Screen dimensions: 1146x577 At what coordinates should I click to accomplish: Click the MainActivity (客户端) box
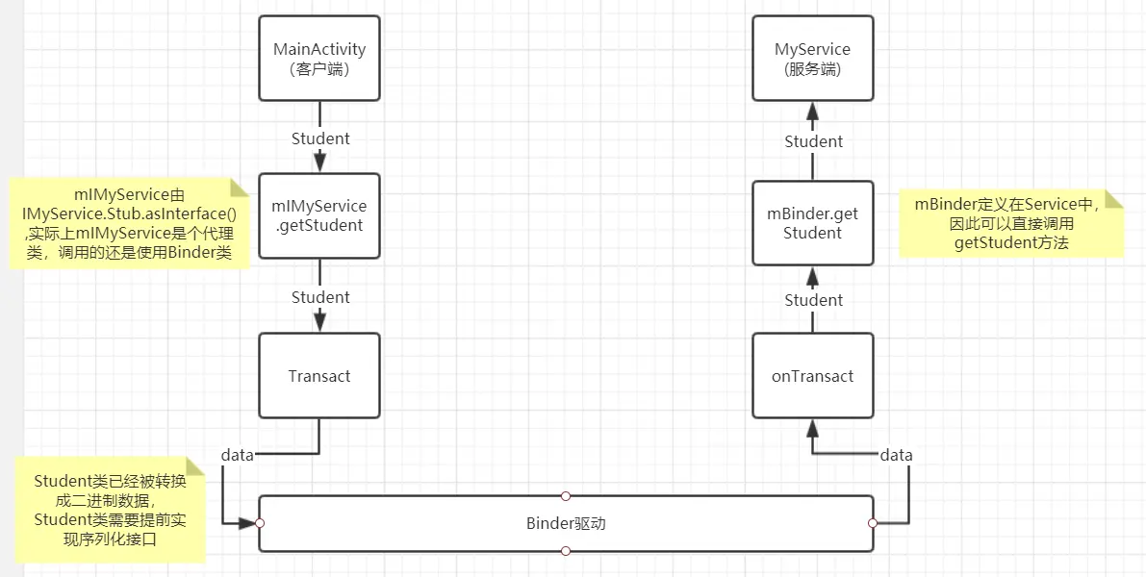click(x=319, y=59)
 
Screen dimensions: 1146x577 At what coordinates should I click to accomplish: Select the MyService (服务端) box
click(x=813, y=59)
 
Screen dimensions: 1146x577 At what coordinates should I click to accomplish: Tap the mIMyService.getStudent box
click(x=319, y=215)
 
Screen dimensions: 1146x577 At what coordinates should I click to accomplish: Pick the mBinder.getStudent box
click(x=813, y=223)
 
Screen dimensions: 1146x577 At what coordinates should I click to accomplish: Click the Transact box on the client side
click(x=319, y=376)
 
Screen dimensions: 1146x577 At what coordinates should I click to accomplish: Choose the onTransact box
click(x=813, y=376)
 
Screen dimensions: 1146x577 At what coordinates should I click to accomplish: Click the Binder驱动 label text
click(x=566, y=524)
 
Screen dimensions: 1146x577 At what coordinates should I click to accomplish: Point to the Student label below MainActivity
click(x=320, y=138)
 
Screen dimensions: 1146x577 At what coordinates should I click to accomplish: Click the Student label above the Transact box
click(x=320, y=297)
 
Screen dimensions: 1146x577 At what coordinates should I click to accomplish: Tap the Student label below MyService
click(x=813, y=141)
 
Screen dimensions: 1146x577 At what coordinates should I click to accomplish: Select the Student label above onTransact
click(x=813, y=300)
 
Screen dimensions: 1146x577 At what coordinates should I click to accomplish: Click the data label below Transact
click(x=238, y=455)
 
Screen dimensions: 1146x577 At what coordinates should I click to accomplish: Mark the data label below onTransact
click(x=896, y=455)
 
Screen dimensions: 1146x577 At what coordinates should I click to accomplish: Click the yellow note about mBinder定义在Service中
click(x=1010, y=223)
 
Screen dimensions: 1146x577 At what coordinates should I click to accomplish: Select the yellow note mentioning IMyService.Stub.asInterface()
click(x=129, y=224)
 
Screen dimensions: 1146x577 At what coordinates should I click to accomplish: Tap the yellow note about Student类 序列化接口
click(x=110, y=510)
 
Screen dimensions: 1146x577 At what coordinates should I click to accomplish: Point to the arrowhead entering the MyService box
click(x=813, y=111)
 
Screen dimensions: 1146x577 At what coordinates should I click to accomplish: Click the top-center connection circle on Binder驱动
click(x=566, y=496)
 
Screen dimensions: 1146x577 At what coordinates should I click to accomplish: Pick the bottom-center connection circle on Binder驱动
click(x=566, y=551)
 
